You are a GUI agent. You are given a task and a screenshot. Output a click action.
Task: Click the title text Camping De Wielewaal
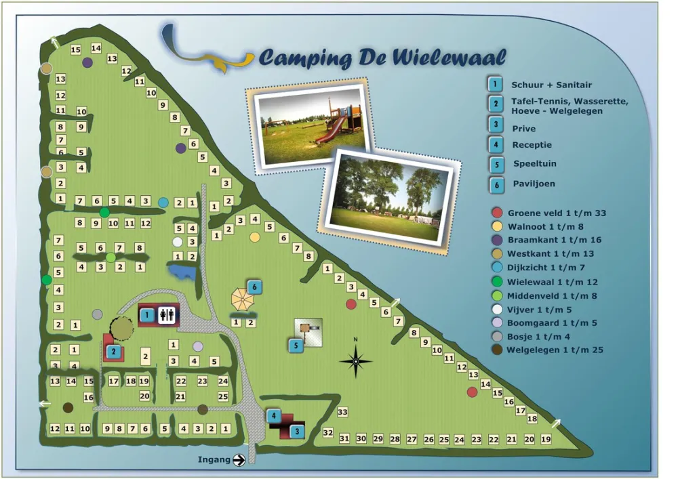pos(382,58)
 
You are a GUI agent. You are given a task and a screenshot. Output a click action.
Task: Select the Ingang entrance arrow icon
pos(239,460)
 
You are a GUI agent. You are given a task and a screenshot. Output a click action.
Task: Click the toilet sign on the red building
pos(167,315)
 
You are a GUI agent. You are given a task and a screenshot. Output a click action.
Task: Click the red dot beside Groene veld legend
pos(497,213)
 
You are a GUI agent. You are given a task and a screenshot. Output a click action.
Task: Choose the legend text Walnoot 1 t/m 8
pos(545,226)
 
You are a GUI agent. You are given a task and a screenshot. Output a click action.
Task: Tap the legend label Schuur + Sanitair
pos(551,85)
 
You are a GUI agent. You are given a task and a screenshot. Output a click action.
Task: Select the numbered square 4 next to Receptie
pos(496,144)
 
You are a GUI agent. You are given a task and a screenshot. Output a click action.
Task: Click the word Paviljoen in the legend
pos(534,184)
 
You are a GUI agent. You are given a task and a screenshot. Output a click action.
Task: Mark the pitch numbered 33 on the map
pos(342,412)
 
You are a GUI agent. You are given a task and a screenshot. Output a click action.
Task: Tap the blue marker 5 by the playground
pos(296,346)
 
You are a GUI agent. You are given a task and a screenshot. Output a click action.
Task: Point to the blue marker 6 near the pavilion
pos(254,287)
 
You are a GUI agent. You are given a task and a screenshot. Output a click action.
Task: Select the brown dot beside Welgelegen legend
pos(497,350)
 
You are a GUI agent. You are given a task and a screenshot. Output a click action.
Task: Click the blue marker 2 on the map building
pos(114,351)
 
